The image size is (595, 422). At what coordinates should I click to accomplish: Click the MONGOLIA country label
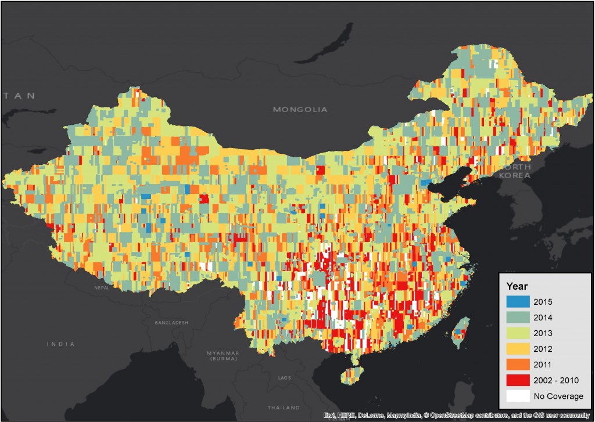(300, 109)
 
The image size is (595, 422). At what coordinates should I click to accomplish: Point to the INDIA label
(61, 344)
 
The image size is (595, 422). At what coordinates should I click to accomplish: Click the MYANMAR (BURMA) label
(224, 356)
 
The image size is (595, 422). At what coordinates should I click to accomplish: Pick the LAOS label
(285, 378)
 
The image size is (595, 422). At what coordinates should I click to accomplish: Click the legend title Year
(517, 286)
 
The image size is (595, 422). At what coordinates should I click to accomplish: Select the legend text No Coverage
(562, 396)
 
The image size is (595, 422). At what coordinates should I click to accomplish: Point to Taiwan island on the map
(460, 333)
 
